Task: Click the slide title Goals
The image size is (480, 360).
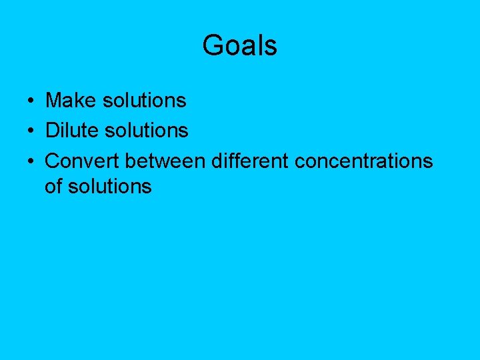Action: click(239, 46)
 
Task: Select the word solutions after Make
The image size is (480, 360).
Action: click(144, 101)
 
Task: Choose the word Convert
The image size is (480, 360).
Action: click(82, 161)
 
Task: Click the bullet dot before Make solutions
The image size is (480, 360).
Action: click(31, 101)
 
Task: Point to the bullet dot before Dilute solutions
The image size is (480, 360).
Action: click(31, 131)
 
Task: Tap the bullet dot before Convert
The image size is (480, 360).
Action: click(31, 161)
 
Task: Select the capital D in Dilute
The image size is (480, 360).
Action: click(51, 130)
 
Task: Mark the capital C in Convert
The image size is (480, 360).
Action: click(52, 161)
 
